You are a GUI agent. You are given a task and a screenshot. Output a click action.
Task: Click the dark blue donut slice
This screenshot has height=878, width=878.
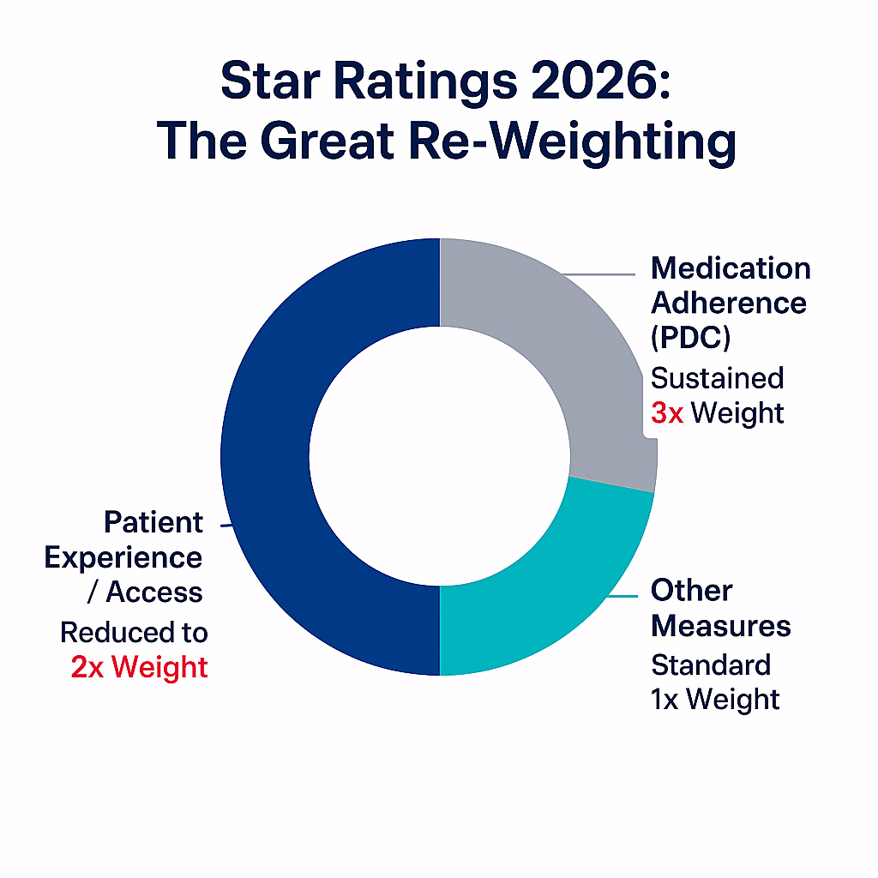coord(266,454)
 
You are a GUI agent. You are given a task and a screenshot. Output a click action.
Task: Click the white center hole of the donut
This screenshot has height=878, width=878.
coord(439,456)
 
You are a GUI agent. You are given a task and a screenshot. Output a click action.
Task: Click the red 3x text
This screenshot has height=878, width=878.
coord(667,412)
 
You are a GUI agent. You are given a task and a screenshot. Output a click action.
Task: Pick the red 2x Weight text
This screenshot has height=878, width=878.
coord(139,666)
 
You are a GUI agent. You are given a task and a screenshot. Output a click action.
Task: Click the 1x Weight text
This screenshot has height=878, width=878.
coord(715,698)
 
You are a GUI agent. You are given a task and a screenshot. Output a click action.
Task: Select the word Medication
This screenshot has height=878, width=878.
coord(731,268)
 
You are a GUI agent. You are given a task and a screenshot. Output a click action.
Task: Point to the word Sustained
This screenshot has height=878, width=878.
coord(717,378)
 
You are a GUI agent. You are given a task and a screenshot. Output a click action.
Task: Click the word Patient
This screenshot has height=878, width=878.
coord(153,522)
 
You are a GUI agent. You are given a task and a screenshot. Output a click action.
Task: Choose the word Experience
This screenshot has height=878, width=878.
coord(123,557)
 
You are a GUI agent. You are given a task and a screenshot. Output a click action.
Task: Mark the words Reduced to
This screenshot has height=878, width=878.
coord(134,633)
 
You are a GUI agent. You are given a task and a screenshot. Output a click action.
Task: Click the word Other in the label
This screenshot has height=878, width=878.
coord(691,591)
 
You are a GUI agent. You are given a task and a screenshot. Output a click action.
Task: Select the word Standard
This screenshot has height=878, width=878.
coord(711,665)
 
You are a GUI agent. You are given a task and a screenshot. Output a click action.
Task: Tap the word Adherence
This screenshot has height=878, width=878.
coord(729,303)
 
